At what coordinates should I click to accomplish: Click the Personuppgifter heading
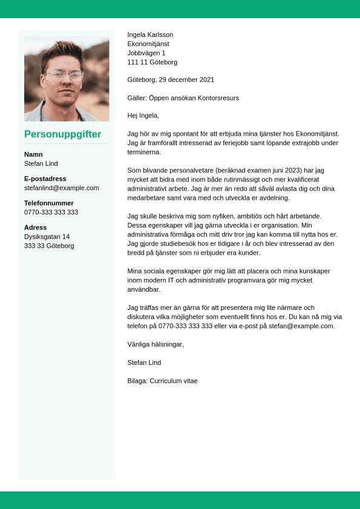coord(62,134)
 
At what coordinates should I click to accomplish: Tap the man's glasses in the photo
coord(65,76)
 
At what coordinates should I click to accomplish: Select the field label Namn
coord(33,154)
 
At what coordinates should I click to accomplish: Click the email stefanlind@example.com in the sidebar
coord(61,188)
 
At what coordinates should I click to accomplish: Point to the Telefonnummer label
coord(49,203)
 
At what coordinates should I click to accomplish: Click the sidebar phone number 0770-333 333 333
coord(51,212)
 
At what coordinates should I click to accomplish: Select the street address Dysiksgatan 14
coord(47,237)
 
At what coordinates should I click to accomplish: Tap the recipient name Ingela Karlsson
coord(150,35)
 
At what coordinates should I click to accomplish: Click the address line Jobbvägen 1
coord(146,53)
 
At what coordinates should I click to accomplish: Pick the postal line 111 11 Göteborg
coord(152,62)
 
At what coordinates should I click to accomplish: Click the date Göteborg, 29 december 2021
coord(171,79)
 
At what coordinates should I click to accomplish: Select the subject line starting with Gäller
coord(183,97)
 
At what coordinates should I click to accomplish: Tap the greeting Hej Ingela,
coord(143,116)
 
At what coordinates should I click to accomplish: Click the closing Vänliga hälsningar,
coord(155,344)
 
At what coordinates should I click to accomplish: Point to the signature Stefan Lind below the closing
coord(144,363)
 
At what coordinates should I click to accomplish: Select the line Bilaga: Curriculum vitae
coord(162,381)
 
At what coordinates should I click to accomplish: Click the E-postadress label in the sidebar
coord(45,179)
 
